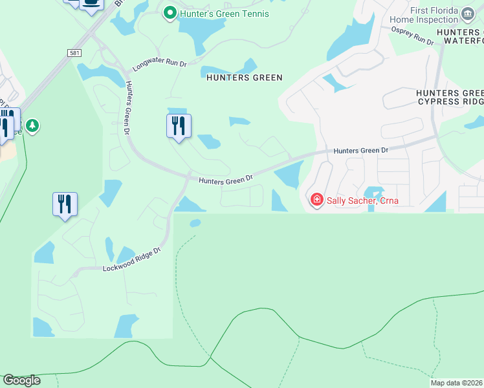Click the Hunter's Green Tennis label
[x=224, y=14]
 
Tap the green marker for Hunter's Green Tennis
[x=170, y=13]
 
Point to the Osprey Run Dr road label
[x=412, y=37]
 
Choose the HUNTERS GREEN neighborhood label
[x=244, y=78]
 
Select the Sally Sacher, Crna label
[x=362, y=200]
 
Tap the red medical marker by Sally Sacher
[x=316, y=199]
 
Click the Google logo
[x=21, y=380]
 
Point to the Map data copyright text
[x=457, y=383]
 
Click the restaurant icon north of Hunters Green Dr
[x=179, y=125]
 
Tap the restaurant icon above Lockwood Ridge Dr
[x=65, y=204]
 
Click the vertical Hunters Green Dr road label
[x=128, y=107]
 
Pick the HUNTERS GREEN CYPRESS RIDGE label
[x=449, y=98]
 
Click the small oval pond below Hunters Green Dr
[x=195, y=223]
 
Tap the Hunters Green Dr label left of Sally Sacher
[x=225, y=181]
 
